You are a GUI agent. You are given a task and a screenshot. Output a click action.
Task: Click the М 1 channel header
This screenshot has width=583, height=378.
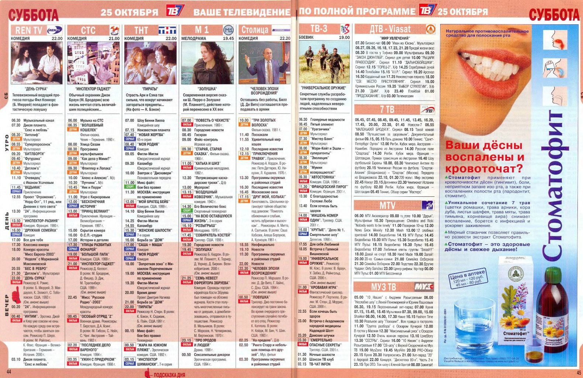pos(208,30)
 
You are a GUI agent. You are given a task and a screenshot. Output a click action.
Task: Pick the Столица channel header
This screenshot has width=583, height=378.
pos(265,30)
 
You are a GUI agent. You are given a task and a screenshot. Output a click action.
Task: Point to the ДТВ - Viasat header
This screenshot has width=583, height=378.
pos(394,29)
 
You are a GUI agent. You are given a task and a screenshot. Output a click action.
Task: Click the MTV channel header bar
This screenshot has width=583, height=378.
pos(394,205)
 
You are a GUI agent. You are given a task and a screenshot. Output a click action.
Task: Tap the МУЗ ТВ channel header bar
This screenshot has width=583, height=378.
pos(394,287)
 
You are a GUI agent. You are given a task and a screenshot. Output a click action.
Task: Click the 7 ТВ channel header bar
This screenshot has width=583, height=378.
pos(394,109)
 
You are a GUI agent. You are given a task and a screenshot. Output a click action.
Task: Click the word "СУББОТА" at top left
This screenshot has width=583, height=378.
pos(33,15)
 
